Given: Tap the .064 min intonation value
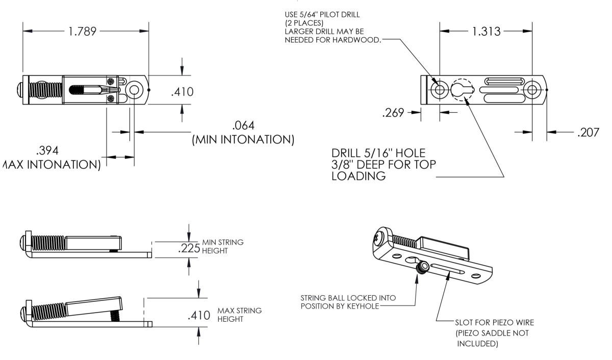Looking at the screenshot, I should [243, 125].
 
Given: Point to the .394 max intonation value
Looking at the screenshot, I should [47, 151].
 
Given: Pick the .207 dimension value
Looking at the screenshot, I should [589, 133].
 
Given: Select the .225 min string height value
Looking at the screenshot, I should [189, 249].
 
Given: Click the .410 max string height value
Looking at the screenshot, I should [199, 315].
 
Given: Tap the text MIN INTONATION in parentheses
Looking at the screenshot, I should [243, 139].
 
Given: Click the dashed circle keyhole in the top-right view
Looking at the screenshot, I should [463, 90].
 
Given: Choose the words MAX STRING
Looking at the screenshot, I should [240, 311].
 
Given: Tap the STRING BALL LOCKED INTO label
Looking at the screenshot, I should [348, 298].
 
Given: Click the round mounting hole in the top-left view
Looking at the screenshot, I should [134, 90].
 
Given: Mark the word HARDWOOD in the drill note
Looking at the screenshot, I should [359, 41].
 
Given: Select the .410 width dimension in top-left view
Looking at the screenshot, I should [183, 92].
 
